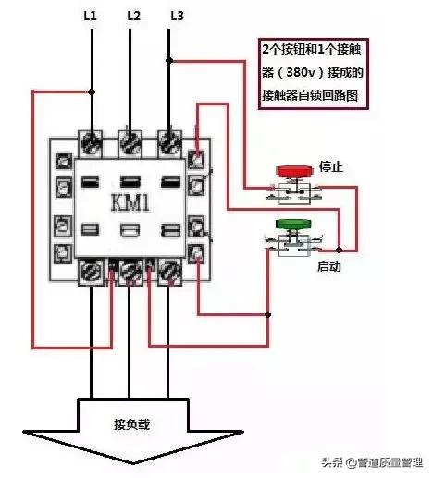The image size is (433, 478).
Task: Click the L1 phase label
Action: pos(91,15)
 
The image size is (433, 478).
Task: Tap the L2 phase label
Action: pos(132,15)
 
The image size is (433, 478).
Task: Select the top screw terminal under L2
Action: pos(130,142)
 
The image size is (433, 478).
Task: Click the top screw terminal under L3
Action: pos(169,142)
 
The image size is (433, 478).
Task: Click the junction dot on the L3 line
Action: pos(170,61)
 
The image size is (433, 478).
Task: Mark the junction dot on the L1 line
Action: pos(92,91)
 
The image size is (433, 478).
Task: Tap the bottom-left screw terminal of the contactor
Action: pos(93,270)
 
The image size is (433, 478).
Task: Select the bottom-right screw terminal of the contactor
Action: pos(169,270)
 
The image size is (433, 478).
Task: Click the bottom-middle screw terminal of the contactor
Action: pos(131,270)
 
